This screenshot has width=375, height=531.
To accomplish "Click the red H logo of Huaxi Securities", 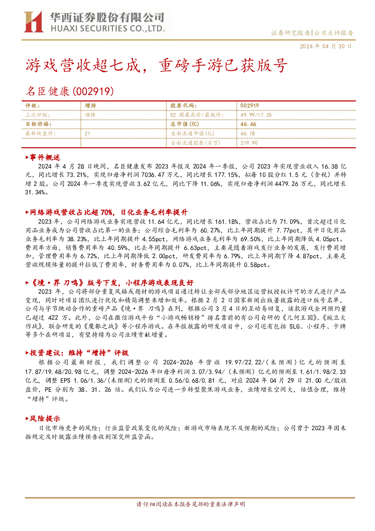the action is (x=33, y=22).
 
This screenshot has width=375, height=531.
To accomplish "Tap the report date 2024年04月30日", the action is (x=326, y=46).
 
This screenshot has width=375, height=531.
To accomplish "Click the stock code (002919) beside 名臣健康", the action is (x=93, y=91).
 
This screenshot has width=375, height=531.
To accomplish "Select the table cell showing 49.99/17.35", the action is (x=256, y=115).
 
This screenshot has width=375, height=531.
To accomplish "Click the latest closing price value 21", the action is (x=87, y=134).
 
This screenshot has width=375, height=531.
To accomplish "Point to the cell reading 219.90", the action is (x=249, y=143).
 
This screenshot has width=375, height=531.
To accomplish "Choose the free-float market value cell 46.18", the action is (x=248, y=134).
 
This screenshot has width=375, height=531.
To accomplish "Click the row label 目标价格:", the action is (x=39, y=124).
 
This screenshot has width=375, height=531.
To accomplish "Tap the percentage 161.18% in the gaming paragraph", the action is (x=227, y=222).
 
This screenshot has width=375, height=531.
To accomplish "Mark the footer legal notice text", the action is (x=191, y=504).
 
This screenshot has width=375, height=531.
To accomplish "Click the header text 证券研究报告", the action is (x=290, y=33).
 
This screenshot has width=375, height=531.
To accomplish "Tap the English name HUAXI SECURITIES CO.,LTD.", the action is (x=108, y=29).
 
